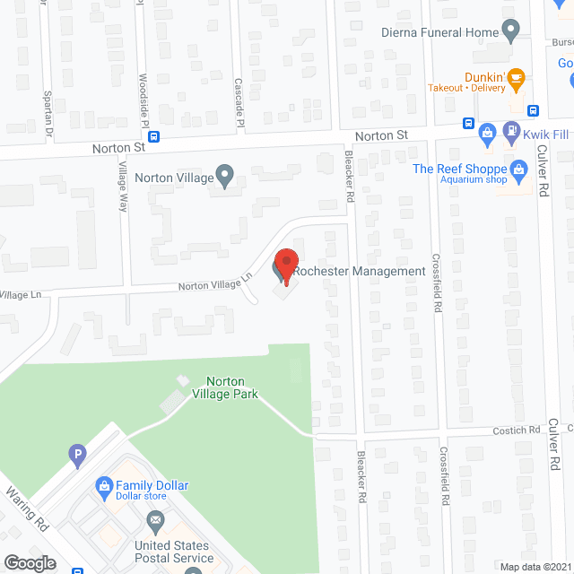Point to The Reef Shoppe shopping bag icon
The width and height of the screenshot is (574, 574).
coord(518,169)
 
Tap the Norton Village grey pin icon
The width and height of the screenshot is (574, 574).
coord(224,176)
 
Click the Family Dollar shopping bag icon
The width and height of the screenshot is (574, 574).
coord(104,485)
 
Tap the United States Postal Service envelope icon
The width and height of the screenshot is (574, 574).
coord(155,519)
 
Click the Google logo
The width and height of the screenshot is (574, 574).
coord(29,562)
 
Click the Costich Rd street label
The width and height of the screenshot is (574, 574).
coord(515,430)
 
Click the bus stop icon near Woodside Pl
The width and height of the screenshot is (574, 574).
coord(155,136)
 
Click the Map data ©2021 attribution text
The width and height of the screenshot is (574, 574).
coord(535,566)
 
